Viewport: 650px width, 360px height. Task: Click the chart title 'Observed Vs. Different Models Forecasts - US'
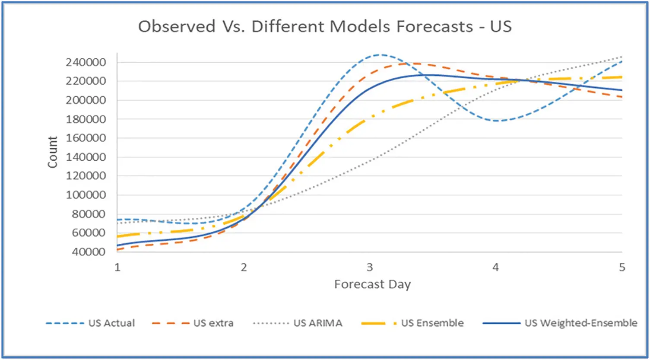325,26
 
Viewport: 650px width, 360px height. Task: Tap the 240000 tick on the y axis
86,62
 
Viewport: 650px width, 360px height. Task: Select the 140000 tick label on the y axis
86,157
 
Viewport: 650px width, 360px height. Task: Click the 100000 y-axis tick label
86,195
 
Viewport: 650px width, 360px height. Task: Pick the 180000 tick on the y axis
86,119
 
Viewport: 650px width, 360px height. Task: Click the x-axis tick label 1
117,268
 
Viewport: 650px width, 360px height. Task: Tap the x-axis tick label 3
370,268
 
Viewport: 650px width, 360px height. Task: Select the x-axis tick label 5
621,268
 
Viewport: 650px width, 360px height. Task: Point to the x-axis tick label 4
495,268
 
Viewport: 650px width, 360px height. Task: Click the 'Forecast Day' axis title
372,284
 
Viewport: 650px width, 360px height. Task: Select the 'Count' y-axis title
52,152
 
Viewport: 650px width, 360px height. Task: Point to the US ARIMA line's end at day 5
621,57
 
